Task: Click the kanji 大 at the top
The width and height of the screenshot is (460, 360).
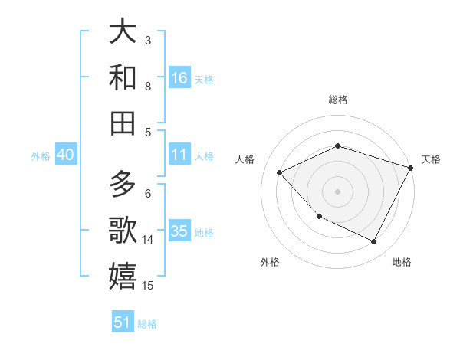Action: [123, 32]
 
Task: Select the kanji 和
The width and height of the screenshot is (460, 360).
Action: [123, 77]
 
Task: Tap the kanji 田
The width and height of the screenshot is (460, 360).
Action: [123, 123]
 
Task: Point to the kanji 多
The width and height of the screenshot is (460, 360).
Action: [123, 185]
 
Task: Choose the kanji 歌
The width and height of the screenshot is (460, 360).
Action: [123, 231]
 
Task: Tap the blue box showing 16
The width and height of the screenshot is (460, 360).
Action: [179, 78]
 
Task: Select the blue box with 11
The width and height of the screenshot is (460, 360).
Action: [179, 155]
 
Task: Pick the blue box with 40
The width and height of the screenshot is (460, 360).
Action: [65, 155]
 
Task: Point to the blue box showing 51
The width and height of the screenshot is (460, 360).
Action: [123, 322]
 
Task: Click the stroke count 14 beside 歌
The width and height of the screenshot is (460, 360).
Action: [148, 240]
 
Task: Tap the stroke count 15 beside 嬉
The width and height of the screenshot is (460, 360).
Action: [148, 286]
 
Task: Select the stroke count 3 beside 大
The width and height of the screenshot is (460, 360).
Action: [148, 40]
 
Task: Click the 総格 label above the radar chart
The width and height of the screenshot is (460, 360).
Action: [338, 100]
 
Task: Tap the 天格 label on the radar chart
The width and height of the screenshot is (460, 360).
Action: [431, 159]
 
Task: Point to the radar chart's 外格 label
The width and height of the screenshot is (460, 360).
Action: [270, 262]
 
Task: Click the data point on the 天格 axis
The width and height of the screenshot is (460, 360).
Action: [411, 168]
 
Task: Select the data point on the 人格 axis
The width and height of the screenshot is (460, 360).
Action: [280, 172]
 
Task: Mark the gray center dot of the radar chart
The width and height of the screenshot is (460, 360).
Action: [337, 191]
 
